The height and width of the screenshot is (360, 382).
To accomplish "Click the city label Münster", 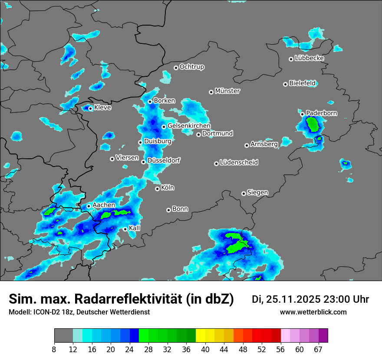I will (227, 91).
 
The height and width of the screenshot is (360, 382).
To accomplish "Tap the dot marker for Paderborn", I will (303, 114).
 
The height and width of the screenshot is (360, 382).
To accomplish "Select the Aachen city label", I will (104, 205).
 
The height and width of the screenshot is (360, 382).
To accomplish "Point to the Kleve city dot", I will (90, 108).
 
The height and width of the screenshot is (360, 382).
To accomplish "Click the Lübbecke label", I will (309, 58).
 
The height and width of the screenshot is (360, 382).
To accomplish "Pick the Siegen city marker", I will (244, 193).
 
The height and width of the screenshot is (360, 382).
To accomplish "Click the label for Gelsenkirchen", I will (189, 126).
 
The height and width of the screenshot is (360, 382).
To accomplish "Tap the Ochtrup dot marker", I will (176, 68).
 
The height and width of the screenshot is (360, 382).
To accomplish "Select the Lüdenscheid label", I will (239, 163).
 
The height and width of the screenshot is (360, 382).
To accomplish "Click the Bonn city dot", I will (168, 210).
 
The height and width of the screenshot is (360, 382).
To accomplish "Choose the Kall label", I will (135, 228).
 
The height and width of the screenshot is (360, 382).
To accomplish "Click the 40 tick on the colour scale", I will (205, 349).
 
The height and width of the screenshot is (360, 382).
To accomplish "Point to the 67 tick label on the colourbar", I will (318, 349).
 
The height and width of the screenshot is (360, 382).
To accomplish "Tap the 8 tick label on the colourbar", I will (54, 349).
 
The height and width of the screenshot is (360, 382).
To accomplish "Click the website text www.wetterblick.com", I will (313, 312).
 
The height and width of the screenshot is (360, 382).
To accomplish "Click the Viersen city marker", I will (112, 159).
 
